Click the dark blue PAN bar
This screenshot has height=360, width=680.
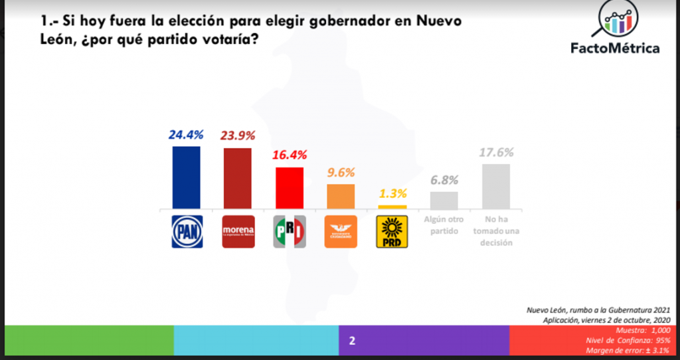point(186,178)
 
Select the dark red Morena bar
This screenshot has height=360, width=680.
point(238,179)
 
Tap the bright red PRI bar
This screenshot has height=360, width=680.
point(289,189)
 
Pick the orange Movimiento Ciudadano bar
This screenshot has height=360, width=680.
point(341,197)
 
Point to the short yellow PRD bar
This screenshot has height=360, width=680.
point(392,207)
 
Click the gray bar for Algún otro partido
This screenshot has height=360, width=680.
point(444,201)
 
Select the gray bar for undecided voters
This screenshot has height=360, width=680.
point(495,187)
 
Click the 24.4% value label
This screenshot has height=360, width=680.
point(186,135)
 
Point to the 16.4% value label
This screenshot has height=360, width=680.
point(290,155)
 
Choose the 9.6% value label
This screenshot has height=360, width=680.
point(341,173)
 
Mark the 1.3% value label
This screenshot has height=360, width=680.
point(392,194)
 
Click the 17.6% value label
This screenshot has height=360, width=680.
point(496,153)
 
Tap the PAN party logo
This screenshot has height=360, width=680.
point(186,232)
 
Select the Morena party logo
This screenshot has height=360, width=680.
point(238,232)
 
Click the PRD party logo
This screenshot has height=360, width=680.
point(392,232)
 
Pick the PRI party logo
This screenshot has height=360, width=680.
point(290,232)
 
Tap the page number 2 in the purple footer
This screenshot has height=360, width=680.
point(353,341)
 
